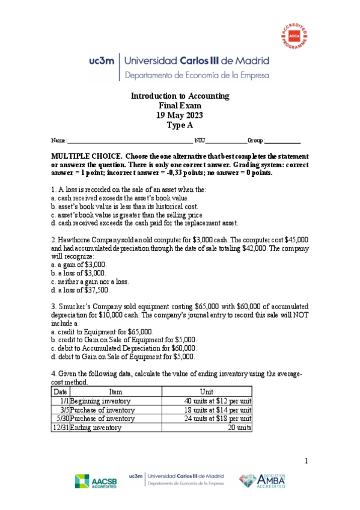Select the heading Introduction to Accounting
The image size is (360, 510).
(x=180, y=96)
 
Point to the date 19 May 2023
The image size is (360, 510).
(x=180, y=115)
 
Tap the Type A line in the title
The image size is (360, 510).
(x=180, y=125)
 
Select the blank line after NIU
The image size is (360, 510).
(x=227, y=141)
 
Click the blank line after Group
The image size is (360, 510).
(x=282, y=141)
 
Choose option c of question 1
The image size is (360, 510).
(x=127, y=215)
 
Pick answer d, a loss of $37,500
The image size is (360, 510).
(x=81, y=289)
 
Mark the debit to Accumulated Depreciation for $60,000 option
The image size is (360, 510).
(x=124, y=348)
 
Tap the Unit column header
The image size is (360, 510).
(x=206, y=391)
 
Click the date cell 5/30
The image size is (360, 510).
(x=62, y=419)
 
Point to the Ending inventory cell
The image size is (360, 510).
(x=96, y=428)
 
